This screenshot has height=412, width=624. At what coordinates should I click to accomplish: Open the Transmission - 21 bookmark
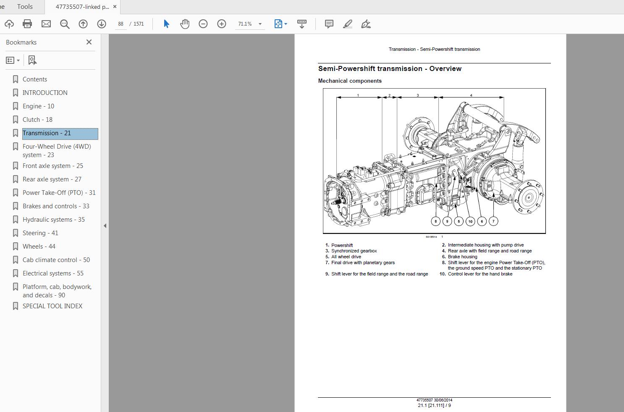click(x=47, y=133)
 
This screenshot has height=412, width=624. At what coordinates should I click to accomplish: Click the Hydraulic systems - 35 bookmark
click(x=53, y=220)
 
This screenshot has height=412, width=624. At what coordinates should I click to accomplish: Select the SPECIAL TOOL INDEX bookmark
click(x=52, y=306)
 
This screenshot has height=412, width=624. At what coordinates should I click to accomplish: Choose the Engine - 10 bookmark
click(x=38, y=106)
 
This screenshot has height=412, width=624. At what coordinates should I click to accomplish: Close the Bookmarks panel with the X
click(x=89, y=42)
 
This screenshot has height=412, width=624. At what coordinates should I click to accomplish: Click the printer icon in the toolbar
click(x=27, y=24)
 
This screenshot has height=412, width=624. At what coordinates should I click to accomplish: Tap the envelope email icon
click(x=46, y=24)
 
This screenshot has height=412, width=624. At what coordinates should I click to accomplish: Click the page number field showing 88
click(x=121, y=24)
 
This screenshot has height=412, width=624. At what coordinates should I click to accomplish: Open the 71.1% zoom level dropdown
click(x=260, y=24)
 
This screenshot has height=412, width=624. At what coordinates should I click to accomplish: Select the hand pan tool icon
click(x=185, y=24)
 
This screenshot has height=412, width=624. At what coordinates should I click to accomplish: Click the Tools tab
click(x=25, y=6)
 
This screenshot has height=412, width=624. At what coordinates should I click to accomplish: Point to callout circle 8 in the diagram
click(x=436, y=221)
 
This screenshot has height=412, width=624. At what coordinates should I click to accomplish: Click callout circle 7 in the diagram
click(x=493, y=221)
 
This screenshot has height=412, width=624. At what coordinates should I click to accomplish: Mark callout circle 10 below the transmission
click(x=470, y=221)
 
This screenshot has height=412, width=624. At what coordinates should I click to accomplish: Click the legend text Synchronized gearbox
click(x=354, y=251)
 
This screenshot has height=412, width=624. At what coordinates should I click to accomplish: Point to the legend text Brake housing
click(x=462, y=257)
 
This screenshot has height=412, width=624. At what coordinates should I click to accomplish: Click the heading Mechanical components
click(x=350, y=81)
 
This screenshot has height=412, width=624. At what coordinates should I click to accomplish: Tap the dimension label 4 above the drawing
click(x=471, y=95)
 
